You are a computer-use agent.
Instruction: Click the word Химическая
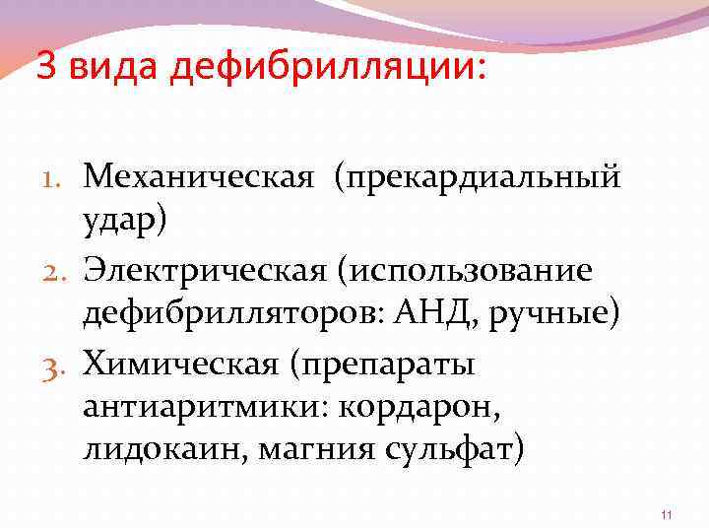(x=181, y=366)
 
